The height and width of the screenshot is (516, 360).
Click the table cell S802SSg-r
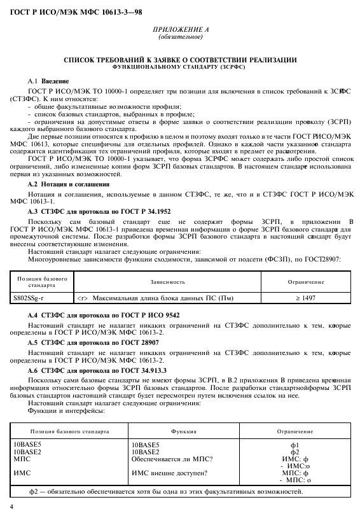(31, 296)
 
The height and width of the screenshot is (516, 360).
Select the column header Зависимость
(168, 281)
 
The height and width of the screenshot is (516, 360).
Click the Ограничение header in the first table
(306, 281)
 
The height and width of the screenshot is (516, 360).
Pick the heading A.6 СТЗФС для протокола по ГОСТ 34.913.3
(97, 369)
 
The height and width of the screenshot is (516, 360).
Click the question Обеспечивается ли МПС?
(172, 459)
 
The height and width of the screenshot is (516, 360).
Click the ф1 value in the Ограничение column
(294, 445)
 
